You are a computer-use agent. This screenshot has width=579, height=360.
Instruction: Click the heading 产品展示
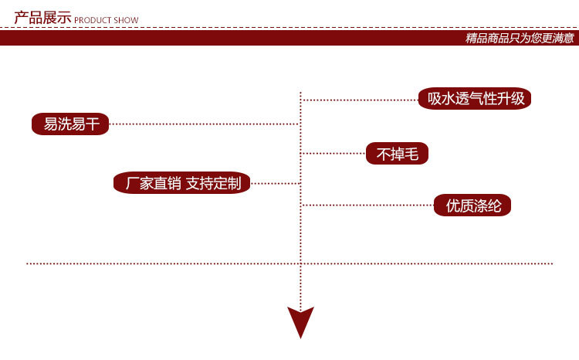coord(42,17)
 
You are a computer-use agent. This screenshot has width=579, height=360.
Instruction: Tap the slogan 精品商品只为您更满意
coord(520,38)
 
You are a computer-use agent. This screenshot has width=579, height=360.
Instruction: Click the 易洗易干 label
coord(71,124)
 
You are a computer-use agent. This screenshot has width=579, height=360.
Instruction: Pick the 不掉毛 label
coord(397,154)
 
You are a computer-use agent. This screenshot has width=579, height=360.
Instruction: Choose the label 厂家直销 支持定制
coord(182,183)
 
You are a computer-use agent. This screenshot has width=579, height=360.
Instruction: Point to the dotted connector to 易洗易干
coord(204,124)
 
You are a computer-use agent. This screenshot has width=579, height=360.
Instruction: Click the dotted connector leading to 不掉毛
coord(333,153)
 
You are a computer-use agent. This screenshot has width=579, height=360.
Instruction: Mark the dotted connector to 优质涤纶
coord(367,205)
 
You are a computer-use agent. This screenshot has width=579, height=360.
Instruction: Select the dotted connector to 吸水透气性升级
coord(359,100)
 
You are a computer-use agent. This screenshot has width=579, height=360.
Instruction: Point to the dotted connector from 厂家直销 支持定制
coord(274,183)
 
